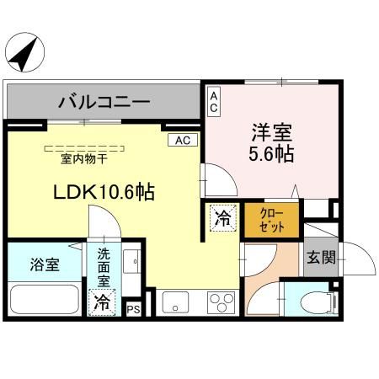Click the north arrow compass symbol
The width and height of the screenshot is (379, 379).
24,52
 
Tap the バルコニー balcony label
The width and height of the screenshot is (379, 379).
104,102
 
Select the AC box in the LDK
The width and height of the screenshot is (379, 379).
183,140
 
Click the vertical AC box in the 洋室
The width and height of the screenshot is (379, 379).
214,101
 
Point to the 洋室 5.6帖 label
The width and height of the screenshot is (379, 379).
271,143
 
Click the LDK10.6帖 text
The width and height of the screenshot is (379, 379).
104,192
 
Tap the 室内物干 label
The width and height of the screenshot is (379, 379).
84,159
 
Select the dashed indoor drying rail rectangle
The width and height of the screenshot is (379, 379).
84,148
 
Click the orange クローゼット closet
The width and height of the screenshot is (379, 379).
271,220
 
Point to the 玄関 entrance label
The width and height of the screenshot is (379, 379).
321,257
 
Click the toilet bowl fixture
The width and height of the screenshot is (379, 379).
318,302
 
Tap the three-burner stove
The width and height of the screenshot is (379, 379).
222,302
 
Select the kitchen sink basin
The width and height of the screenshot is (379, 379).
175,302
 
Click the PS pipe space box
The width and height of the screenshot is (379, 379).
133,309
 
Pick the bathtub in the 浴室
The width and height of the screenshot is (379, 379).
45,299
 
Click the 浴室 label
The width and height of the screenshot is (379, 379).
45,264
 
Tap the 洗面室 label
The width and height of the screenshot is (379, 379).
104,268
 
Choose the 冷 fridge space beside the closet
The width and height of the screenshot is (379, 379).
223,218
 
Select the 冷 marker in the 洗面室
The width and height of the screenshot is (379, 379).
102,302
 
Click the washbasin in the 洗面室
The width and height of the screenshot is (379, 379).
131,261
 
